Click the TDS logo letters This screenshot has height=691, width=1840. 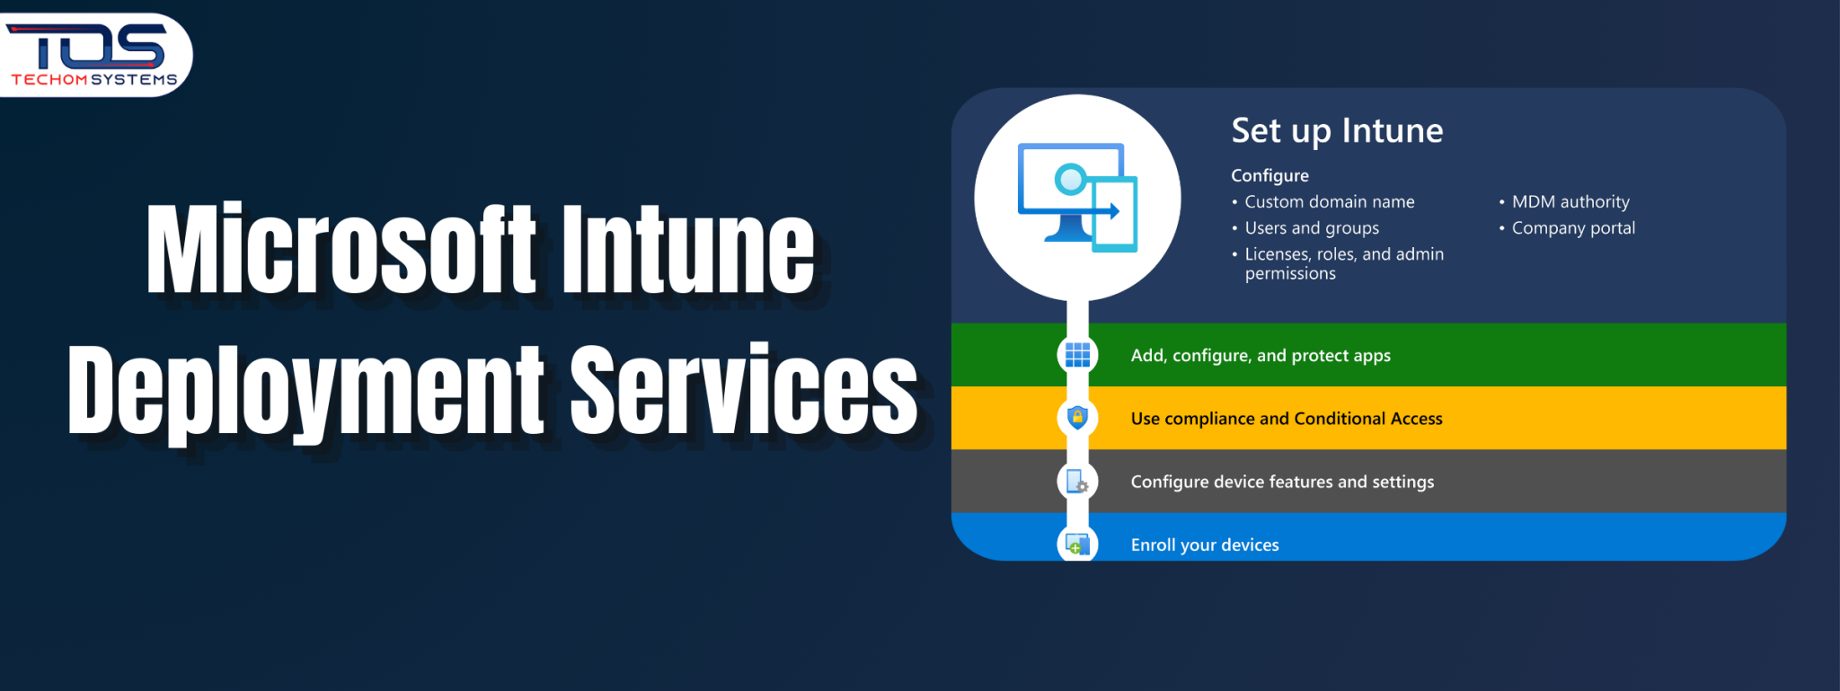(90, 45)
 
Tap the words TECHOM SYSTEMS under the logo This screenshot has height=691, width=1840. (93, 80)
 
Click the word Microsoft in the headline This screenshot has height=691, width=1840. (341, 249)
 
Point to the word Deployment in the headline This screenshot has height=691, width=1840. (306, 389)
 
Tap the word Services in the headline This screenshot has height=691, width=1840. (744, 389)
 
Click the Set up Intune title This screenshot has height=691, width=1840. (1337, 131)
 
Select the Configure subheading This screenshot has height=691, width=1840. (1269, 175)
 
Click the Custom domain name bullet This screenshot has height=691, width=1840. (1329, 202)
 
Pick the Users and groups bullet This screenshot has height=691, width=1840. (1311, 228)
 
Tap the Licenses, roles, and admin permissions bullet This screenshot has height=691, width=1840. (1343, 263)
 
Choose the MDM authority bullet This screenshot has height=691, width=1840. (1570, 202)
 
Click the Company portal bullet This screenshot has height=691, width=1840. (1572, 228)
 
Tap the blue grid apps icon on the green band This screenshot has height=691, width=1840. (1077, 355)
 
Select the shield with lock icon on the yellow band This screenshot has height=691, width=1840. (1077, 418)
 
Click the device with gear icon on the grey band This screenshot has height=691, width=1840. (1077, 482)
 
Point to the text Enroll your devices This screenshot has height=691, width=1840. (1204, 545)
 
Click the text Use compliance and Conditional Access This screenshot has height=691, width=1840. (1286, 419)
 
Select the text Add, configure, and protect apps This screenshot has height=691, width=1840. (1260, 356)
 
